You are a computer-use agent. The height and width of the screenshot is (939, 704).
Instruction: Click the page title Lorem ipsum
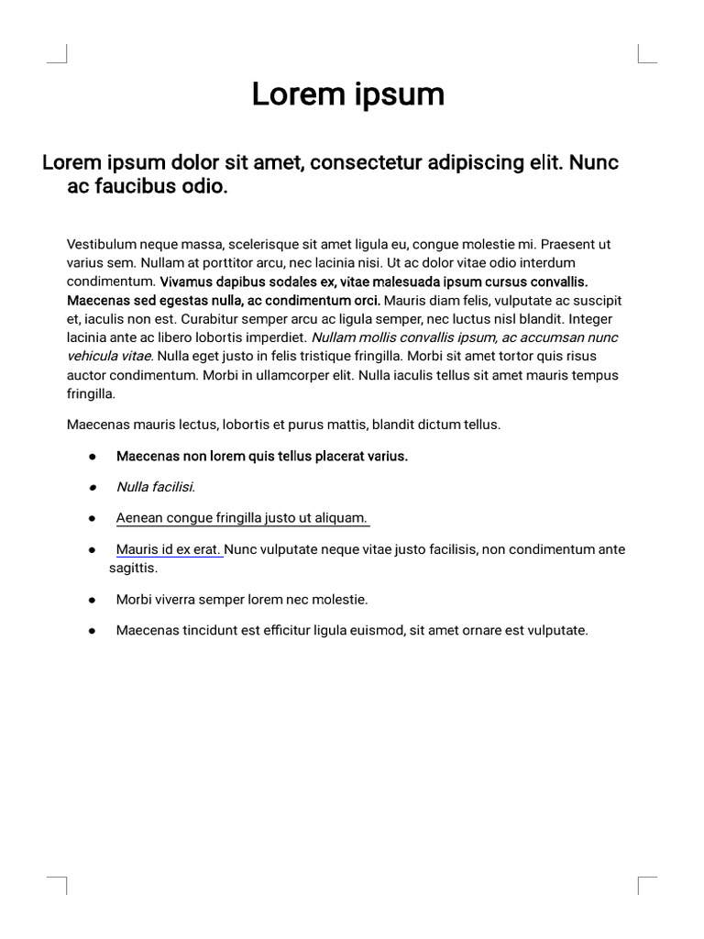[x=348, y=94]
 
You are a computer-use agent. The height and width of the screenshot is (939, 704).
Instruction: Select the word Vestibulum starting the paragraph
[x=102, y=245]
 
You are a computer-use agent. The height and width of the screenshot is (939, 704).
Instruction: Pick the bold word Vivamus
[x=187, y=282]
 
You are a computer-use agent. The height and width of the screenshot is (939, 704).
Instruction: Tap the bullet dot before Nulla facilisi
[x=93, y=488]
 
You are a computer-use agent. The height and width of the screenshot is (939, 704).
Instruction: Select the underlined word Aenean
[x=138, y=518]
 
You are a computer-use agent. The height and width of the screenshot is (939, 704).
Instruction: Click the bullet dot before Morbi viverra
[x=93, y=600]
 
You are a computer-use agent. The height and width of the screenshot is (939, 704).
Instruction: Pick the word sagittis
[x=134, y=568]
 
